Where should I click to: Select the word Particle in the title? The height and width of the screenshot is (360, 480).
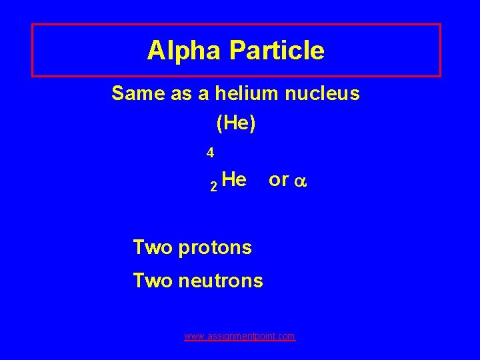click(279, 51)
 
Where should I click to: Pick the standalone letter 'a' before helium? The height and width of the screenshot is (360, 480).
click(203, 94)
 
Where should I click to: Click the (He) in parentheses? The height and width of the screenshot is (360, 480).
click(236, 123)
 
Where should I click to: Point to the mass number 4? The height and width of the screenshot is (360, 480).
click(210, 153)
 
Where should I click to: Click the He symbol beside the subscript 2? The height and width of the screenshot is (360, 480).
click(234, 179)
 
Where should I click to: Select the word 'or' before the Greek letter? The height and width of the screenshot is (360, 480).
click(278, 180)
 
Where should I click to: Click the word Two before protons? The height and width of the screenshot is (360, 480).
click(153, 247)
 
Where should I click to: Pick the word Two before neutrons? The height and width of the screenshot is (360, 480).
click(153, 281)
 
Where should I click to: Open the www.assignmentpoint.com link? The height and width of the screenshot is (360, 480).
click(239, 337)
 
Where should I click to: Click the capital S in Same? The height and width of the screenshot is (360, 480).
click(118, 93)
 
